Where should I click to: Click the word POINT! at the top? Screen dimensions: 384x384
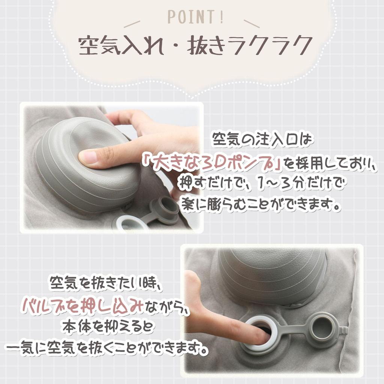click(x=195, y=18)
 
